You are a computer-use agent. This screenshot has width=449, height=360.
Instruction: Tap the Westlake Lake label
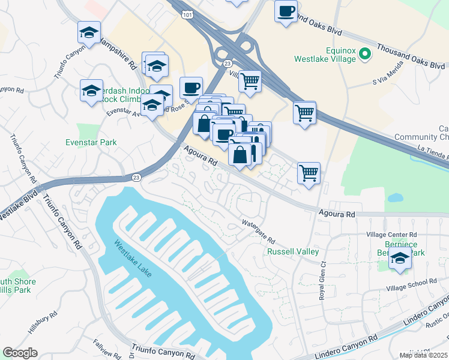[133, 259]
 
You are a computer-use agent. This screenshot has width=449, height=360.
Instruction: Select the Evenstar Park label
[91, 142]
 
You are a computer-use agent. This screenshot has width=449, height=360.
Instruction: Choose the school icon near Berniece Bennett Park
[400, 259]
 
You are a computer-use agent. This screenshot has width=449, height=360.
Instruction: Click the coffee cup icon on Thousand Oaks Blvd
[286, 11]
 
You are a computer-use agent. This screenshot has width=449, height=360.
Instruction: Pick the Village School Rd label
[412, 281]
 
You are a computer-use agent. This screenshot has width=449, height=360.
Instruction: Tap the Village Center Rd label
[391, 235]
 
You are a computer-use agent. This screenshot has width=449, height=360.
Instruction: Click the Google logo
[20, 353]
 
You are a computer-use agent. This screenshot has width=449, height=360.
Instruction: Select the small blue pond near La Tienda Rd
[395, 197]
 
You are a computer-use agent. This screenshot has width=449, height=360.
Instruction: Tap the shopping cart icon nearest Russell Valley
[309, 173]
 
